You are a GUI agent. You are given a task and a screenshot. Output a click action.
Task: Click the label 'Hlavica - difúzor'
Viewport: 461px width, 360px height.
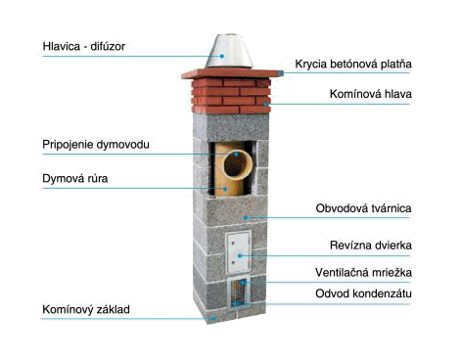pyautogui.click(x=84, y=46)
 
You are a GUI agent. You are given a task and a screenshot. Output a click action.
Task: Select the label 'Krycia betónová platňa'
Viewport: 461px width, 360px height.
pyautogui.click(x=353, y=64)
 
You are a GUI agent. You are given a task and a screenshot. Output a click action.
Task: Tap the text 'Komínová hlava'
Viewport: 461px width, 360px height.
pyautogui.click(x=371, y=94)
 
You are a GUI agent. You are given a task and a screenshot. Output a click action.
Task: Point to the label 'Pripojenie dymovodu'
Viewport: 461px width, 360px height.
pyautogui.click(x=96, y=145)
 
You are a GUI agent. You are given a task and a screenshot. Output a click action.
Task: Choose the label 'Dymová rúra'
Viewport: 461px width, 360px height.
pyautogui.click(x=75, y=179)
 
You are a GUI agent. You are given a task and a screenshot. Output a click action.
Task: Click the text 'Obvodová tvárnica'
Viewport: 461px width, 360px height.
pyautogui.click(x=363, y=208)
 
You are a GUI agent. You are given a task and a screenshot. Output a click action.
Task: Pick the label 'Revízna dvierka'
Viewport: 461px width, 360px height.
pyautogui.click(x=371, y=245)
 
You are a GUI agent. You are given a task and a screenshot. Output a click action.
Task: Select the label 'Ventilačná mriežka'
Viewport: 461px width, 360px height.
pyautogui.click(x=363, y=272)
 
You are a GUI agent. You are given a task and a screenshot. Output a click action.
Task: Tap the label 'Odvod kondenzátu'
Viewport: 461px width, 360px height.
pyautogui.click(x=363, y=293)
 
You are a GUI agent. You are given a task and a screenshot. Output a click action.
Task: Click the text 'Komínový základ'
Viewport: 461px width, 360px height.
pyautogui.click(x=86, y=309)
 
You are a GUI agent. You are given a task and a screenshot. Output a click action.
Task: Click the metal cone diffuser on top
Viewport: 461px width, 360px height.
pyautogui.click(x=229, y=51)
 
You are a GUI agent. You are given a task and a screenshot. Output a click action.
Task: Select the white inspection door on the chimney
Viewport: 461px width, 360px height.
pyautogui.click(x=239, y=252)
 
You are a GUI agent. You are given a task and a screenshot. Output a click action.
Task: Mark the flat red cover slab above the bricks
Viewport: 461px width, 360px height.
pyautogui.click(x=232, y=73)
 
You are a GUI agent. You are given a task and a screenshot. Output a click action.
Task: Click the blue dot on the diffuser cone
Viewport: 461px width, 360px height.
pyautogui.click(x=222, y=56)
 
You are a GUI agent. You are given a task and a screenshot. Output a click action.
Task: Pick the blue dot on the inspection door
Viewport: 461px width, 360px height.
pyautogui.click(x=240, y=256)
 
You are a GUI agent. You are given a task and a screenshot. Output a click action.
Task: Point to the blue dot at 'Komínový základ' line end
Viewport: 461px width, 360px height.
pyautogui.click(x=213, y=319)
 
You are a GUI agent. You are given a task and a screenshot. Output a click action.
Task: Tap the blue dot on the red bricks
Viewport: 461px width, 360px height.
pyautogui.click(x=266, y=105)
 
